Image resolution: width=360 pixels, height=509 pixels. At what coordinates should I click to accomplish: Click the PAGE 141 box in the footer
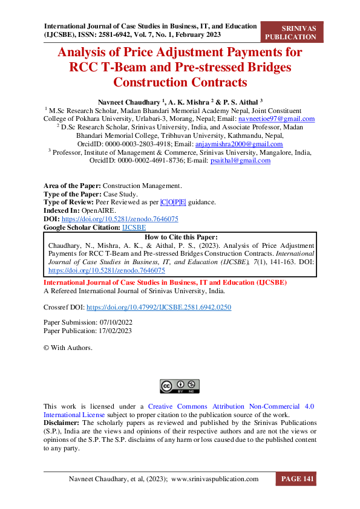tap(296, 479)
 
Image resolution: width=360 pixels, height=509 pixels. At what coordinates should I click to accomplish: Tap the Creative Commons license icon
tap(179, 385)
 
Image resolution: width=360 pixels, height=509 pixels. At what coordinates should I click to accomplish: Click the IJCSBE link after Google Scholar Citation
tap(134, 227)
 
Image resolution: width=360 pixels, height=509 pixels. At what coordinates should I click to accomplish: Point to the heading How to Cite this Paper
tap(180, 237)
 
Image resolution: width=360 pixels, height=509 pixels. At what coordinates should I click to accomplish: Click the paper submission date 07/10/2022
tap(114, 322)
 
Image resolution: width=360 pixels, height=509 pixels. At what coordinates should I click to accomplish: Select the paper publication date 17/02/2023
tap(113, 331)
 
